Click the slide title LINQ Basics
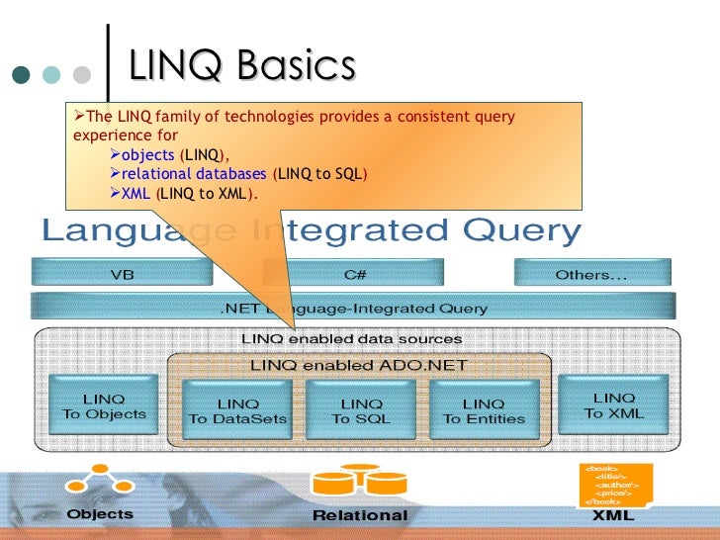(241, 67)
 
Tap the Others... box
(591, 274)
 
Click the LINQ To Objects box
(104, 406)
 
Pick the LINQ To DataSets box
(238, 410)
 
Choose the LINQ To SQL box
(361, 410)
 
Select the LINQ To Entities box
(484, 410)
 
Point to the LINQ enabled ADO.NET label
(359, 364)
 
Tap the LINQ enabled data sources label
(352, 339)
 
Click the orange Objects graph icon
(99, 482)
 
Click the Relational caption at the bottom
(359, 515)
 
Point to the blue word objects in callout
(147, 155)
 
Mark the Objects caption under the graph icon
(100, 514)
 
